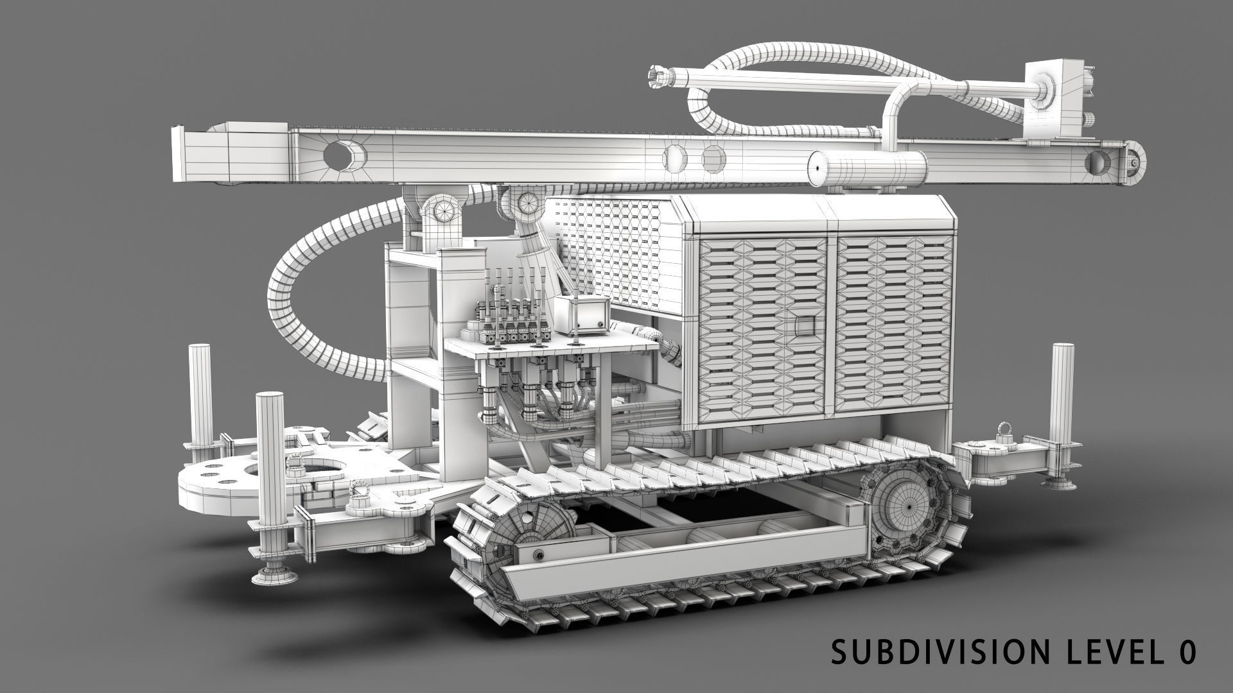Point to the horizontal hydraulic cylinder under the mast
click(867, 168)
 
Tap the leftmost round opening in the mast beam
click(343, 156)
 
